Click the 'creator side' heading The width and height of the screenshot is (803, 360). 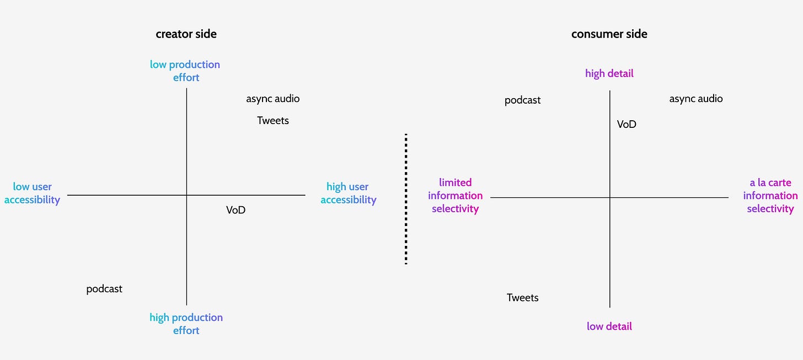tap(186, 34)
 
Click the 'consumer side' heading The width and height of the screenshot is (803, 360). tap(609, 34)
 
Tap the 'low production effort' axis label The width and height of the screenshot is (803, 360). tap(185, 71)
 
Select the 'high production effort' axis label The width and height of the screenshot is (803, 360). tap(186, 324)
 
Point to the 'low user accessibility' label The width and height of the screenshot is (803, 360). tap(32, 193)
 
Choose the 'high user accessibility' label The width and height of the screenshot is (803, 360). tap(348, 193)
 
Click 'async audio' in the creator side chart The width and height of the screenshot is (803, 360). tap(272, 99)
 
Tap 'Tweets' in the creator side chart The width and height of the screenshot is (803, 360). tap(273, 120)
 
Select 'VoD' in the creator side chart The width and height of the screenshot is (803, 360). tap(235, 210)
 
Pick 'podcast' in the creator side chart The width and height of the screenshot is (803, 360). tap(104, 289)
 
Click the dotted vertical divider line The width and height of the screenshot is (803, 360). tap(406, 198)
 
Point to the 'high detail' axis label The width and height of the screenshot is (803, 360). tap(609, 73)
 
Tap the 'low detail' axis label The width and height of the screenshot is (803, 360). tap(609, 326)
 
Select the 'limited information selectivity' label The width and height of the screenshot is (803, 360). tap(455, 195)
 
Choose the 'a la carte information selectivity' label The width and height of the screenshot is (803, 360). tap(770, 195)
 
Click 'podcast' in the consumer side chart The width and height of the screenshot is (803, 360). tap(522, 100)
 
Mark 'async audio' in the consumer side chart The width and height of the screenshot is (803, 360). tap(695, 99)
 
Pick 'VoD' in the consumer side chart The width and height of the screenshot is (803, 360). tap(627, 124)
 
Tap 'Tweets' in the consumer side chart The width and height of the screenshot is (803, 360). tap(522, 298)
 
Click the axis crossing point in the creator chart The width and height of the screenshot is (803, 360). tap(186, 195)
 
